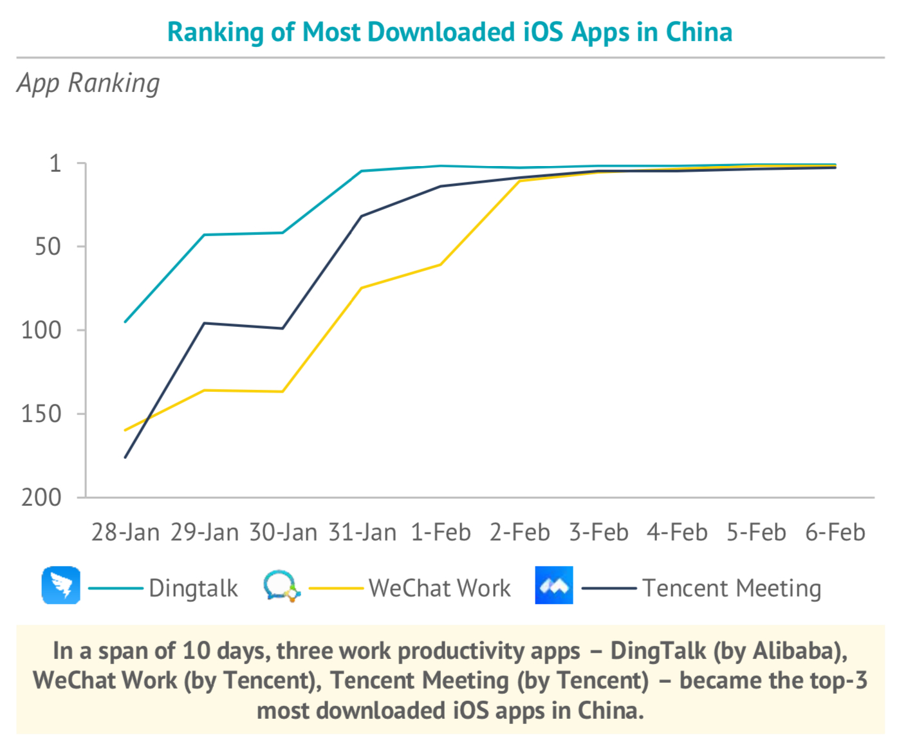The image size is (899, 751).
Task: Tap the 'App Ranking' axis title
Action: pyautogui.click(x=88, y=83)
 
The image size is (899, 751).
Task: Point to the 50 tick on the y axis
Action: pyautogui.click(x=48, y=246)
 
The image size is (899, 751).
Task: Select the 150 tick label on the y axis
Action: pyautogui.click(x=41, y=414)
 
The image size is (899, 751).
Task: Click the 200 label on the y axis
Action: pyautogui.click(x=41, y=497)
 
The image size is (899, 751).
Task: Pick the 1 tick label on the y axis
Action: pyautogui.click(x=56, y=163)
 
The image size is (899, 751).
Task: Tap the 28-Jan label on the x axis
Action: pyautogui.click(x=125, y=533)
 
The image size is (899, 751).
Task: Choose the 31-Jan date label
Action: pyautogui.click(x=362, y=533)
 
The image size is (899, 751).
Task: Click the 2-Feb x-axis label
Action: pyautogui.click(x=520, y=533)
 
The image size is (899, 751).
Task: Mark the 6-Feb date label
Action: pyautogui.click(x=835, y=533)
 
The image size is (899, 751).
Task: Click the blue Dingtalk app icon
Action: pyautogui.click(x=61, y=586)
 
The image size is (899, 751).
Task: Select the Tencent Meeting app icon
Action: pyautogui.click(x=554, y=586)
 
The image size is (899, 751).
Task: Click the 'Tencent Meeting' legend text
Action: pyautogui.click(x=732, y=588)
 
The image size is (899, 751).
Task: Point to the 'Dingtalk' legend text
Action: pyautogui.click(x=193, y=588)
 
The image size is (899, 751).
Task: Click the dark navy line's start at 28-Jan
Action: pyautogui.click(x=125, y=457)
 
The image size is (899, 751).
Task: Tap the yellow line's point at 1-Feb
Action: pyautogui.click(x=441, y=264)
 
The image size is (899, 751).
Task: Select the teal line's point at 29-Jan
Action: pyautogui.click(x=205, y=235)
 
